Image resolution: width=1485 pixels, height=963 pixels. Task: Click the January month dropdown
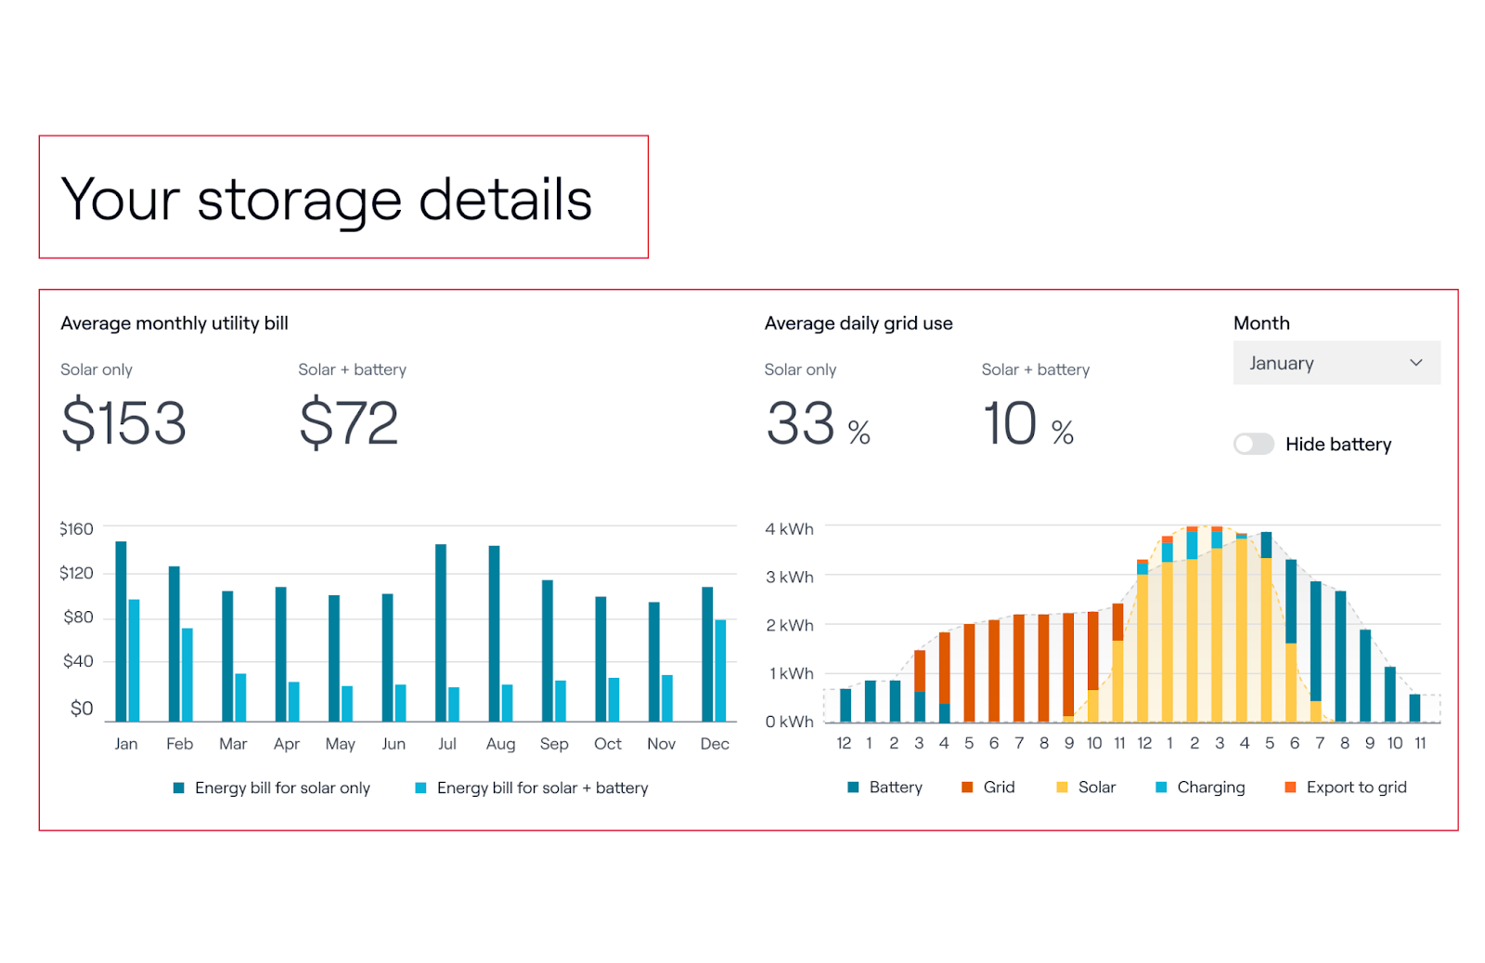coord(1336,363)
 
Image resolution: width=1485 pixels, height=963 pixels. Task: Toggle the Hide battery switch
coord(1253,444)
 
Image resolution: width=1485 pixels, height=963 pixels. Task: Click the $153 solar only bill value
coord(123,423)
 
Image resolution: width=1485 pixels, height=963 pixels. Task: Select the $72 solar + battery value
coord(349,423)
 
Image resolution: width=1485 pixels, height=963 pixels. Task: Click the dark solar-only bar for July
coord(441,631)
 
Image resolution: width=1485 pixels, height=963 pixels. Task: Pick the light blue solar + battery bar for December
coord(720,670)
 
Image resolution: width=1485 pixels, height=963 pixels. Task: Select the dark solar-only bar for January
coord(121,631)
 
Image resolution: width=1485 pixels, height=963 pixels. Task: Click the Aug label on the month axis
coord(500,744)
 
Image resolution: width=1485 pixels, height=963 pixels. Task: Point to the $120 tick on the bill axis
coord(76,573)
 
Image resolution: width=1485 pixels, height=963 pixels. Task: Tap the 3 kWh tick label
coord(789,577)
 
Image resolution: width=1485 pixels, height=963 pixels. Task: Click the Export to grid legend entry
coord(1346,787)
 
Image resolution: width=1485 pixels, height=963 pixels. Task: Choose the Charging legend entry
coord(1200,787)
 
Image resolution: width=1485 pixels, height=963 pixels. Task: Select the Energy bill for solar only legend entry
coord(272,788)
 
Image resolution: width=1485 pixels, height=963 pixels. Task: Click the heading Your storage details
coord(326,199)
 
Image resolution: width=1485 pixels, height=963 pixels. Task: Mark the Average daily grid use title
coord(859,323)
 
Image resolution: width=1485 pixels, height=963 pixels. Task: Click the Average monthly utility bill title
coord(174,323)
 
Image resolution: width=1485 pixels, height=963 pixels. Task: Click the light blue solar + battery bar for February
coord(187,674)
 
